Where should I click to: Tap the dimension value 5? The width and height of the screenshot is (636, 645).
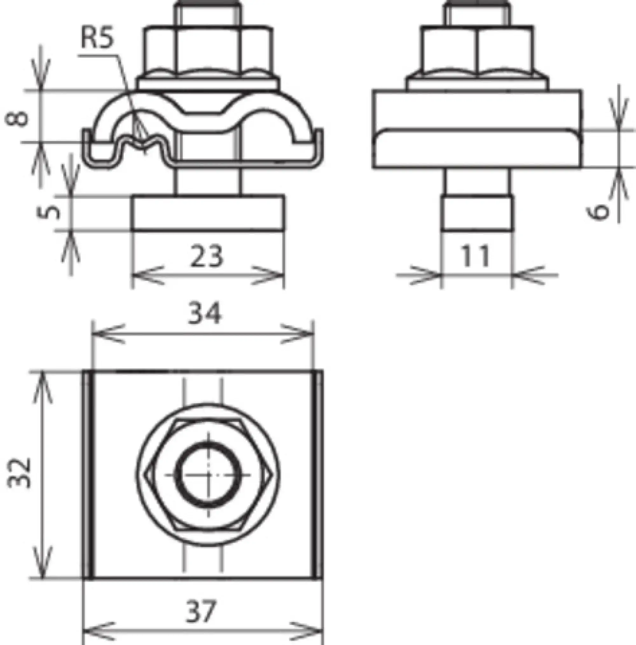point(49,212)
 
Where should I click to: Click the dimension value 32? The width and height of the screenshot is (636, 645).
point(19,473)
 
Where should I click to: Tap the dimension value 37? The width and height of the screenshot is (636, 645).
point(201,611)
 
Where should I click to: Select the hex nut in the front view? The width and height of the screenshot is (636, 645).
point(207,50)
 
